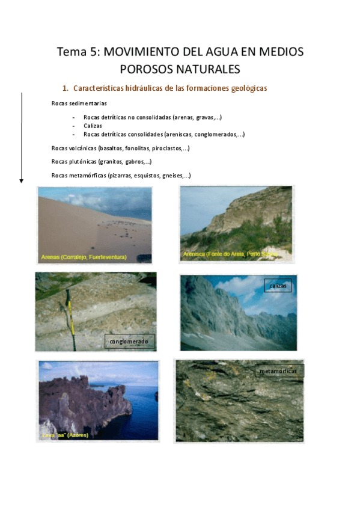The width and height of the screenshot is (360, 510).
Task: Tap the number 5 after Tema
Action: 94,52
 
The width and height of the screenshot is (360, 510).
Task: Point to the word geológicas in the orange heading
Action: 248,88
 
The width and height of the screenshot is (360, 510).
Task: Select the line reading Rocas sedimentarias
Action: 79,103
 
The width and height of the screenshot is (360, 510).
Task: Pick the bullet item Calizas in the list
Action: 93,126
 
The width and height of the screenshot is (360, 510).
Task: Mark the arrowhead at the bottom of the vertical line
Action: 22,180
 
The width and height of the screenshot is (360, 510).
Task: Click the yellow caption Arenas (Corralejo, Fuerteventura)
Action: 84,257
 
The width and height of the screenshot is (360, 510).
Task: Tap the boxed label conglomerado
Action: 129,342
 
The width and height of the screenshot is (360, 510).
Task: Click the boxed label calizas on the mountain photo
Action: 278,286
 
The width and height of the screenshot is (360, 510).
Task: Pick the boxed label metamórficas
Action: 279,372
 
